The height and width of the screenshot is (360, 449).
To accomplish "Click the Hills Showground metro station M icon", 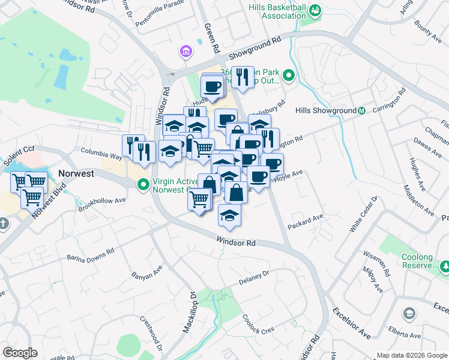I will pyautogui.click(x=362, y=111).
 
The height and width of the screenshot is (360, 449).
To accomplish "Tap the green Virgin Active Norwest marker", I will pyautogui.click(x=143, y=184).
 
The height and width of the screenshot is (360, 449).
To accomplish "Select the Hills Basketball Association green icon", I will pyautogui.click(x=314, y=10).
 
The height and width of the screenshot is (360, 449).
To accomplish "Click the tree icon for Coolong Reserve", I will pyautogui.click(x=445, y=265).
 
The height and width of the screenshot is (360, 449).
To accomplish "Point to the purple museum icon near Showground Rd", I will pyautogui.click(x=186, y=52).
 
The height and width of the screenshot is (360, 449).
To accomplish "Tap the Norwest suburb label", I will pyautogui.click(x=77, y=173).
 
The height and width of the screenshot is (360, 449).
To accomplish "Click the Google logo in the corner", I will pyautogui.click(x=20, y=353).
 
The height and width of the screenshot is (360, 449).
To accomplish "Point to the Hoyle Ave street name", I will pyautogui.click(x=288, y=175).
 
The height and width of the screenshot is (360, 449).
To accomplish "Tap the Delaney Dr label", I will pyautogui.click(x=255, y=280).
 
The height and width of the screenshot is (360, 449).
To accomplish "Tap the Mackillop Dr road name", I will pyautogui.click(x=189, y=313).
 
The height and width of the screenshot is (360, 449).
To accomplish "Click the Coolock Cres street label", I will pyautogui.click(x=258, y=325).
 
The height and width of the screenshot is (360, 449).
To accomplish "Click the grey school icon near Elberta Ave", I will pyautogui.click(x=408, y=313).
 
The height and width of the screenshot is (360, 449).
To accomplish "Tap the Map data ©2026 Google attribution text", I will pyautogui.click(x=412, y=355).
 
